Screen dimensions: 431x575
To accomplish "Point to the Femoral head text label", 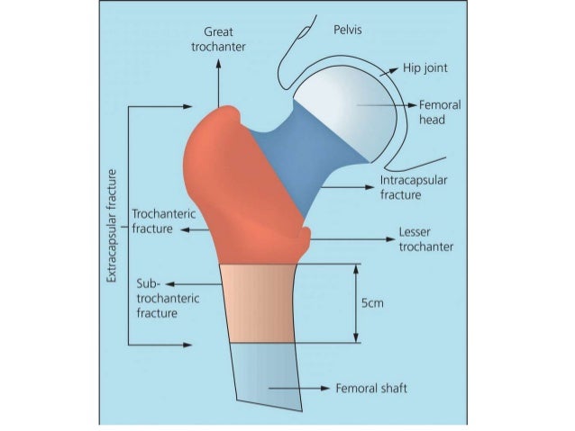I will (x=440, y=112).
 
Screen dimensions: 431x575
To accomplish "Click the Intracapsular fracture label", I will (x=414, y=187).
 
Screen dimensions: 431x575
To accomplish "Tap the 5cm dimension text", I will (x=372, y=303).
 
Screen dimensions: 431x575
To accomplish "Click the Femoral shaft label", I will (x=370, y=389).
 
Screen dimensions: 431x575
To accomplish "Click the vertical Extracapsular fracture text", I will (x=112, y=225).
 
